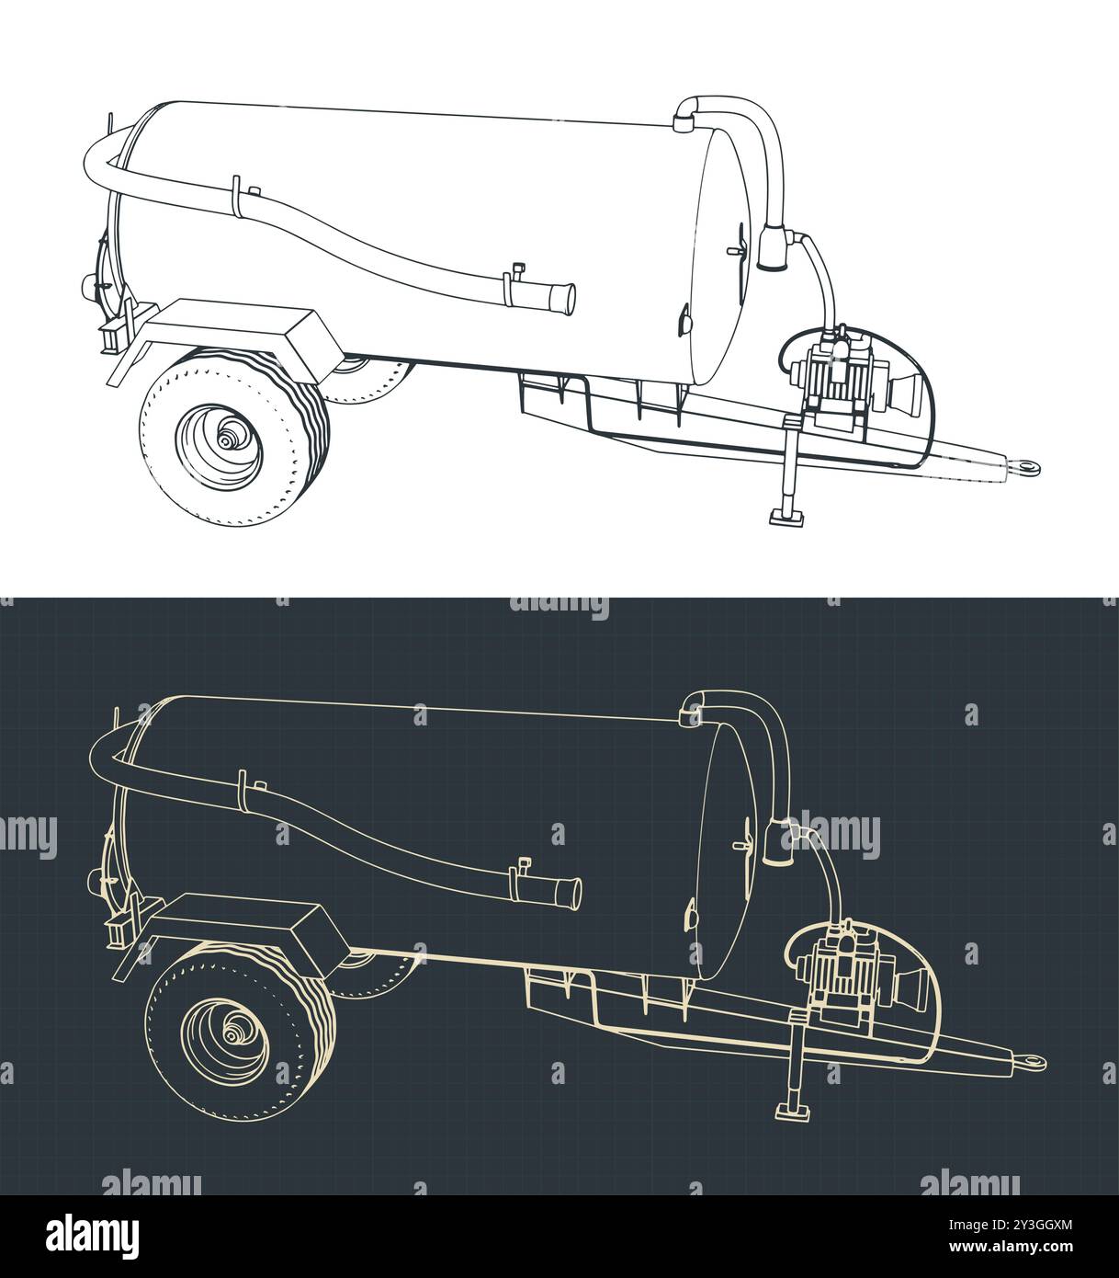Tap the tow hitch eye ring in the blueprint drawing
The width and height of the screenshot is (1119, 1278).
point(1035,1062)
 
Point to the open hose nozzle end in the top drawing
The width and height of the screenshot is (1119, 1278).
point(563,298)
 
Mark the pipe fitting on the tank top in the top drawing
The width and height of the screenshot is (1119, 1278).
point(684,119)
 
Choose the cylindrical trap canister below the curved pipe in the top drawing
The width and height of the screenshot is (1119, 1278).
point(774,248)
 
